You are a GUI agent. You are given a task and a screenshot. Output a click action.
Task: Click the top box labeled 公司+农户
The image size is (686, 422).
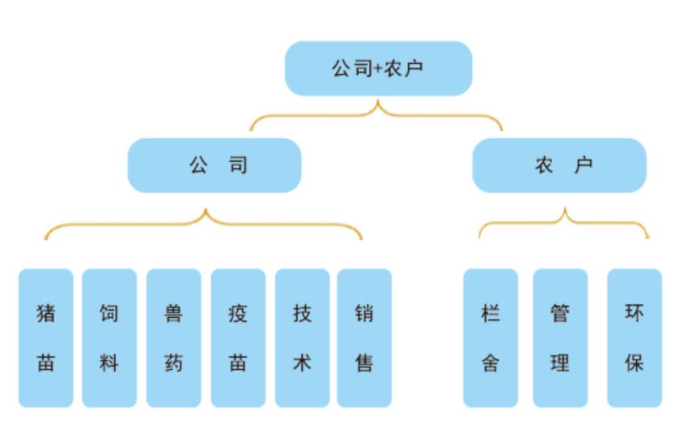coord(378,68)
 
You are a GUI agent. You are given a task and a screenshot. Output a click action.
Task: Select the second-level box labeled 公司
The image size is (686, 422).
coord(214,165)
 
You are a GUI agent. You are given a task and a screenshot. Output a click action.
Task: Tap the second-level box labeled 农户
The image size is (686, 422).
coord(559,165)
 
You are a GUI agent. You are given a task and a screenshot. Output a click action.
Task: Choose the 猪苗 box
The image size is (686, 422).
coord(45,338)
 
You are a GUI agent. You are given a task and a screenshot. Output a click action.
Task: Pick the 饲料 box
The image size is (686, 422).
coord(109,338)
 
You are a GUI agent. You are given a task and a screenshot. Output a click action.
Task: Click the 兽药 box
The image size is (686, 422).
coord(174,338)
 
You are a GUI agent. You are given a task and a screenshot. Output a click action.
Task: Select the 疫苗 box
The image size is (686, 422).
coord(238,338)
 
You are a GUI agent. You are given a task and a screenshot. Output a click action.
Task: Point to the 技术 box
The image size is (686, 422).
coord(302,338)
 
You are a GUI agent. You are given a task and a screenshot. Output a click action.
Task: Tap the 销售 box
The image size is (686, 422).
coord(365,338)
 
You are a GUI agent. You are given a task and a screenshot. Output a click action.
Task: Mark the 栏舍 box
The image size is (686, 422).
coord(491,338)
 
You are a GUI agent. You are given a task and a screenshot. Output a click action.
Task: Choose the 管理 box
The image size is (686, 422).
coord(560,338)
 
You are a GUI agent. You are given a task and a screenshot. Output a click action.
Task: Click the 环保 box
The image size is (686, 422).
coord(635,338)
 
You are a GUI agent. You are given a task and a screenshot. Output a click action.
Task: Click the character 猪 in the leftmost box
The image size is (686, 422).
coord(45,314)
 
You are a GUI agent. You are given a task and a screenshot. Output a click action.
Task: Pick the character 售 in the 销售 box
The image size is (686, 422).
coord(365,362)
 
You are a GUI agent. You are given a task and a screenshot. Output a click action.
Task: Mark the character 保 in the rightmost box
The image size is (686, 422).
coord(635,362)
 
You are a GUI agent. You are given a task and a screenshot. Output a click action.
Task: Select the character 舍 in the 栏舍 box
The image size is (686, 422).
coord(491,362)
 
